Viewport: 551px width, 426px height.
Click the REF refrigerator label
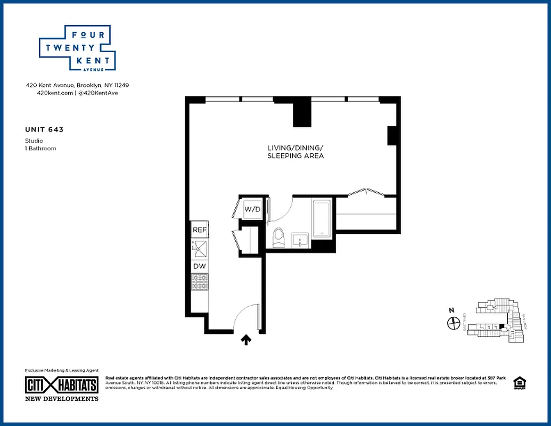199,230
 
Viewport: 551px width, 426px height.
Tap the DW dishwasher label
199,266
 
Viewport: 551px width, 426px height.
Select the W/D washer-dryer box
252,209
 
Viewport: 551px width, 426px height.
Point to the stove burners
200,282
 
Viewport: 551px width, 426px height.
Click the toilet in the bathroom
278,237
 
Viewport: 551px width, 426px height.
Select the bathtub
322,218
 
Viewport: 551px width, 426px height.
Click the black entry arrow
246,340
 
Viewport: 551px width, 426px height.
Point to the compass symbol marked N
454,323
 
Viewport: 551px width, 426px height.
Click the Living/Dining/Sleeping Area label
295,152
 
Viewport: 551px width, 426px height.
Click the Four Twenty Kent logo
77,48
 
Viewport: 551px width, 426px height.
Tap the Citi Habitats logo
61,384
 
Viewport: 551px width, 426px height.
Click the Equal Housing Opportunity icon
519,384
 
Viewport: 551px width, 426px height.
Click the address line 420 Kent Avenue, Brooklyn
77,85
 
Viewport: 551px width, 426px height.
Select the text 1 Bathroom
40,149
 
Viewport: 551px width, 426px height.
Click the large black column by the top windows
302,113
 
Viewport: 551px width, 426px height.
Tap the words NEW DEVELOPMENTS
62,398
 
